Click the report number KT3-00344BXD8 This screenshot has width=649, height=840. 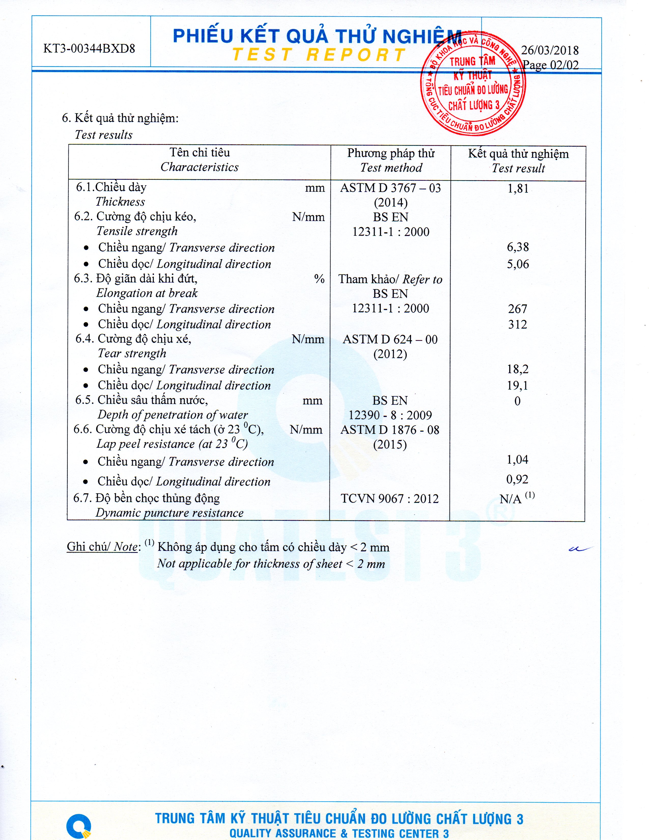(x=89, y=49)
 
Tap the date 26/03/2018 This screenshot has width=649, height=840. (x=550, y=50)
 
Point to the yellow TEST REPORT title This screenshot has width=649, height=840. (x=319, y=55)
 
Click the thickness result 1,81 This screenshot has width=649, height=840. (x=518, y=189)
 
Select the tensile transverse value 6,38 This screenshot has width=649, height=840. (x=518, y=247)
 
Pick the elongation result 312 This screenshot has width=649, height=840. (x=517, y=324)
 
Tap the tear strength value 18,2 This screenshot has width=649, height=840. (x=517, y=369)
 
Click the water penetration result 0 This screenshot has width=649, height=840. (x=517, y=401)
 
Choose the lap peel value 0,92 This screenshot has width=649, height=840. (x=517, y=479)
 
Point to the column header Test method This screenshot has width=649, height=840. (x=391, y=168)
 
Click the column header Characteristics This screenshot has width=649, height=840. (x=200, y=167)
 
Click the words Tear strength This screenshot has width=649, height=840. (x=132, y=353)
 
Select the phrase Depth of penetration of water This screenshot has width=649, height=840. (x=173, y=415)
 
